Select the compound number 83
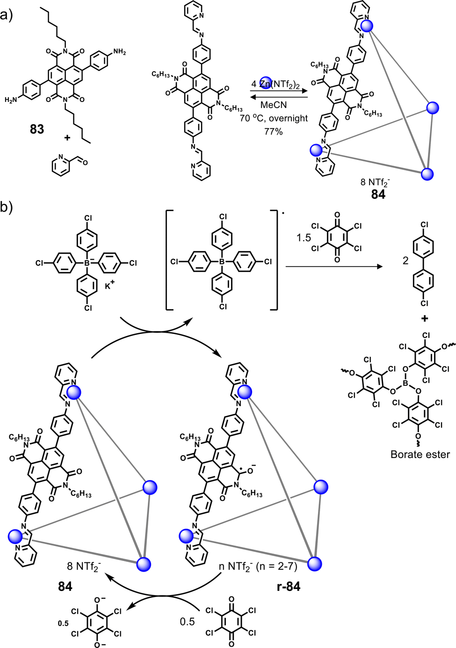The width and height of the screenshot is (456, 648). (x=37, y=129)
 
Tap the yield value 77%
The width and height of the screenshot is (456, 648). (x=274, y=131)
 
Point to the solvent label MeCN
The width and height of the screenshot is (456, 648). (x=274, y=105)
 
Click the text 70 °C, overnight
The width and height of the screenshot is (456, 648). (x=274, y=118)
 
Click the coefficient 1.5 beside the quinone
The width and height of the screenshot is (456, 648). (x=304, y=238)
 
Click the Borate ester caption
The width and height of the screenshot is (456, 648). (x=420, y=454)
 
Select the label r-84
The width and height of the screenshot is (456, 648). (x=289, y=586)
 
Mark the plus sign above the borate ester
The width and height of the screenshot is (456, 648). (x=425, y=319)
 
